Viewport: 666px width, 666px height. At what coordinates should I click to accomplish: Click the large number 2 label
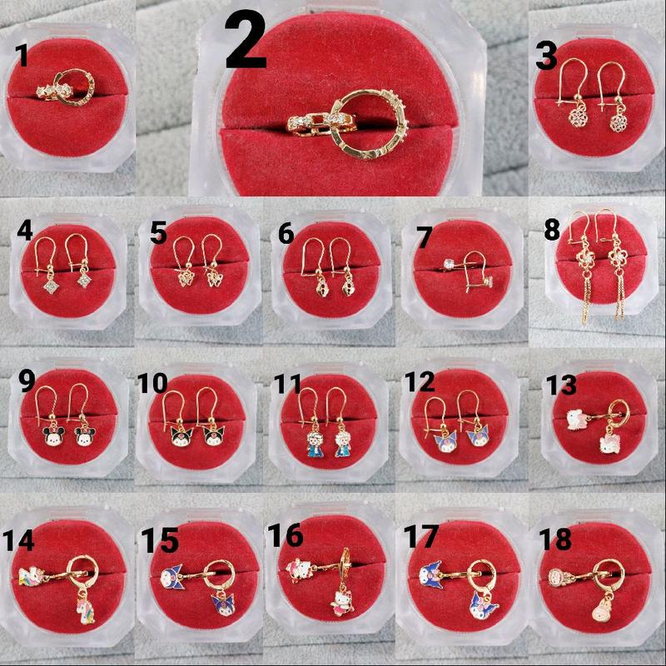246,40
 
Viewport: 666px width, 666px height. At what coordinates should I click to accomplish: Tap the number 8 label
552,231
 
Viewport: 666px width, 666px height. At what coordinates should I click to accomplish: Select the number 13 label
560,385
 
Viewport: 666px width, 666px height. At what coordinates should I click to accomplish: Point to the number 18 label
554,539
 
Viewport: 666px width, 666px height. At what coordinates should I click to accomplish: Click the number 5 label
158,233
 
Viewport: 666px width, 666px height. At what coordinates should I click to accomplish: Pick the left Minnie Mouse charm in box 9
53,435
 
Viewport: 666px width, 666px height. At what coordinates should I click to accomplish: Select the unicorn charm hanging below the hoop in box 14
86,609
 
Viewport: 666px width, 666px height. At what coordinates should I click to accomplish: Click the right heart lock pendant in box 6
347,286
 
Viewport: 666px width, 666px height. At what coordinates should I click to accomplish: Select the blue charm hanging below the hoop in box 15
223,604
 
